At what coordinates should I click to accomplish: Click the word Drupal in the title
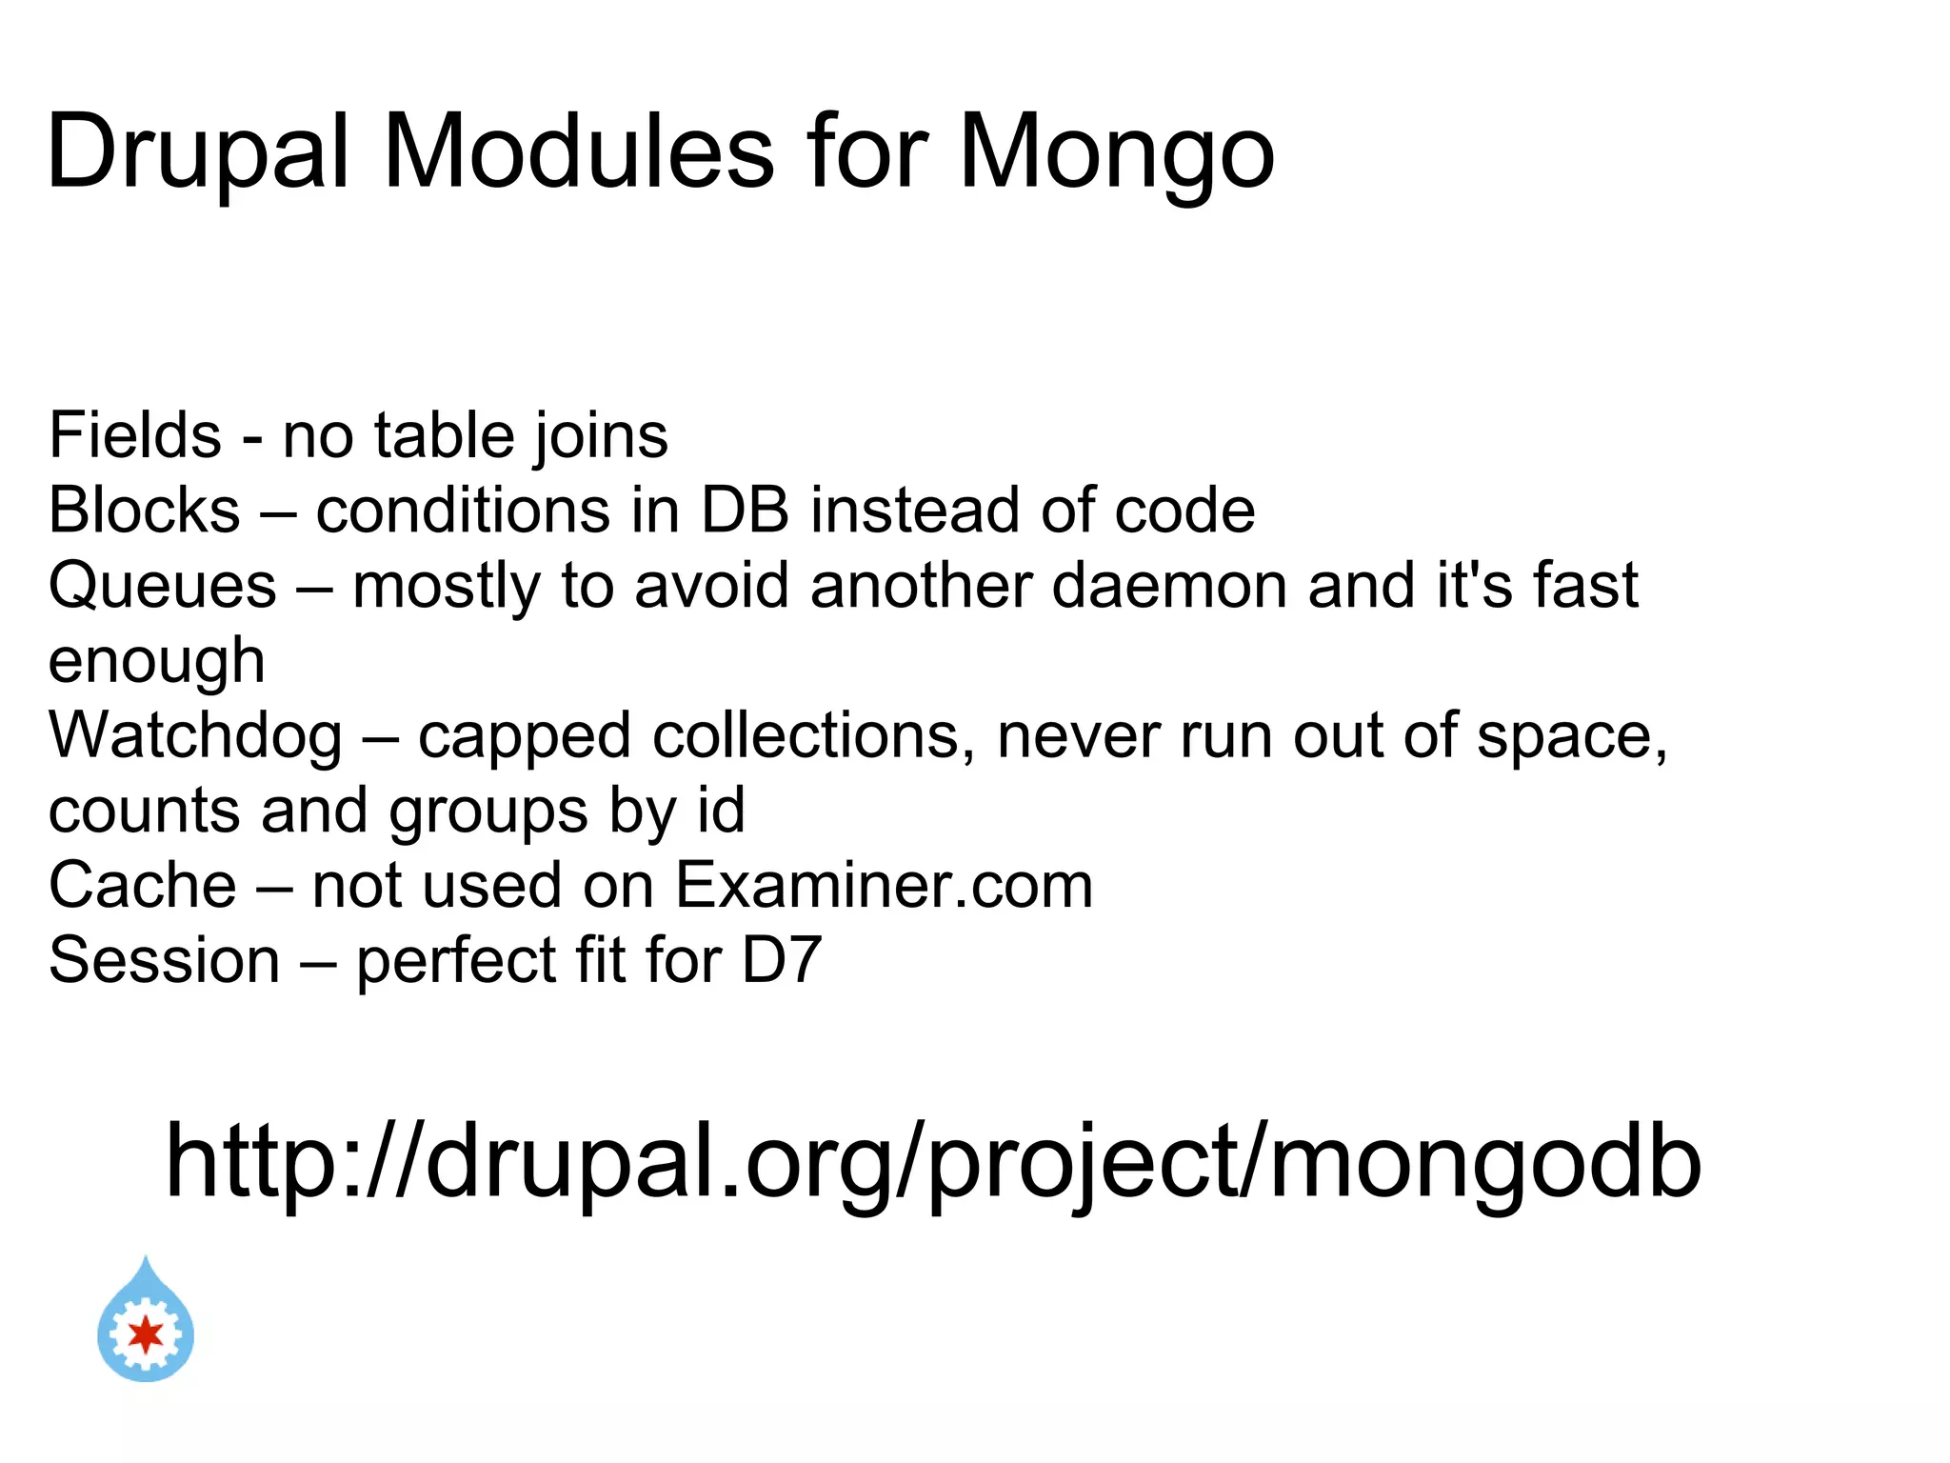click(x=198, y=152)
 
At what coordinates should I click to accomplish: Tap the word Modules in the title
click(x=578, y=152)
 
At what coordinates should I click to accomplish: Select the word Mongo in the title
click(x=1116, y=152)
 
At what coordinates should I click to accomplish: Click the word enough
click(x=156, y=660)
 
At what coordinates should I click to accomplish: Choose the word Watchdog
click(x=195, y=734)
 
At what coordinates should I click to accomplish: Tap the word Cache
click(x=143, y=885)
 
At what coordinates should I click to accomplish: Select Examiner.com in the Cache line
click(x=884, y=885)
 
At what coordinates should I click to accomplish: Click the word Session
click(x=165, y=959)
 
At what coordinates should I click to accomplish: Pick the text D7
click(x=781, y=959)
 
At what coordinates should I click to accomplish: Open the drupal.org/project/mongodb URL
click(x=933, y=1162)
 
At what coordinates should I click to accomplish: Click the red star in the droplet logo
click(x=146, y=1334)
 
